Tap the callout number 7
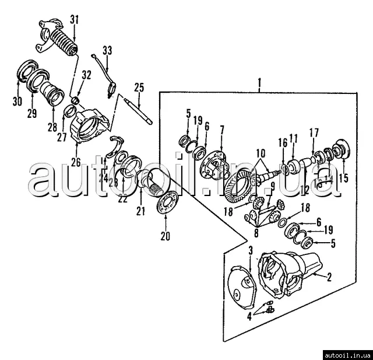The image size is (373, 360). click(x=221, y=128)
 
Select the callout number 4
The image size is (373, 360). click(x=249, y=318)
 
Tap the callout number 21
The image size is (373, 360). click(x=140, y=210)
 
